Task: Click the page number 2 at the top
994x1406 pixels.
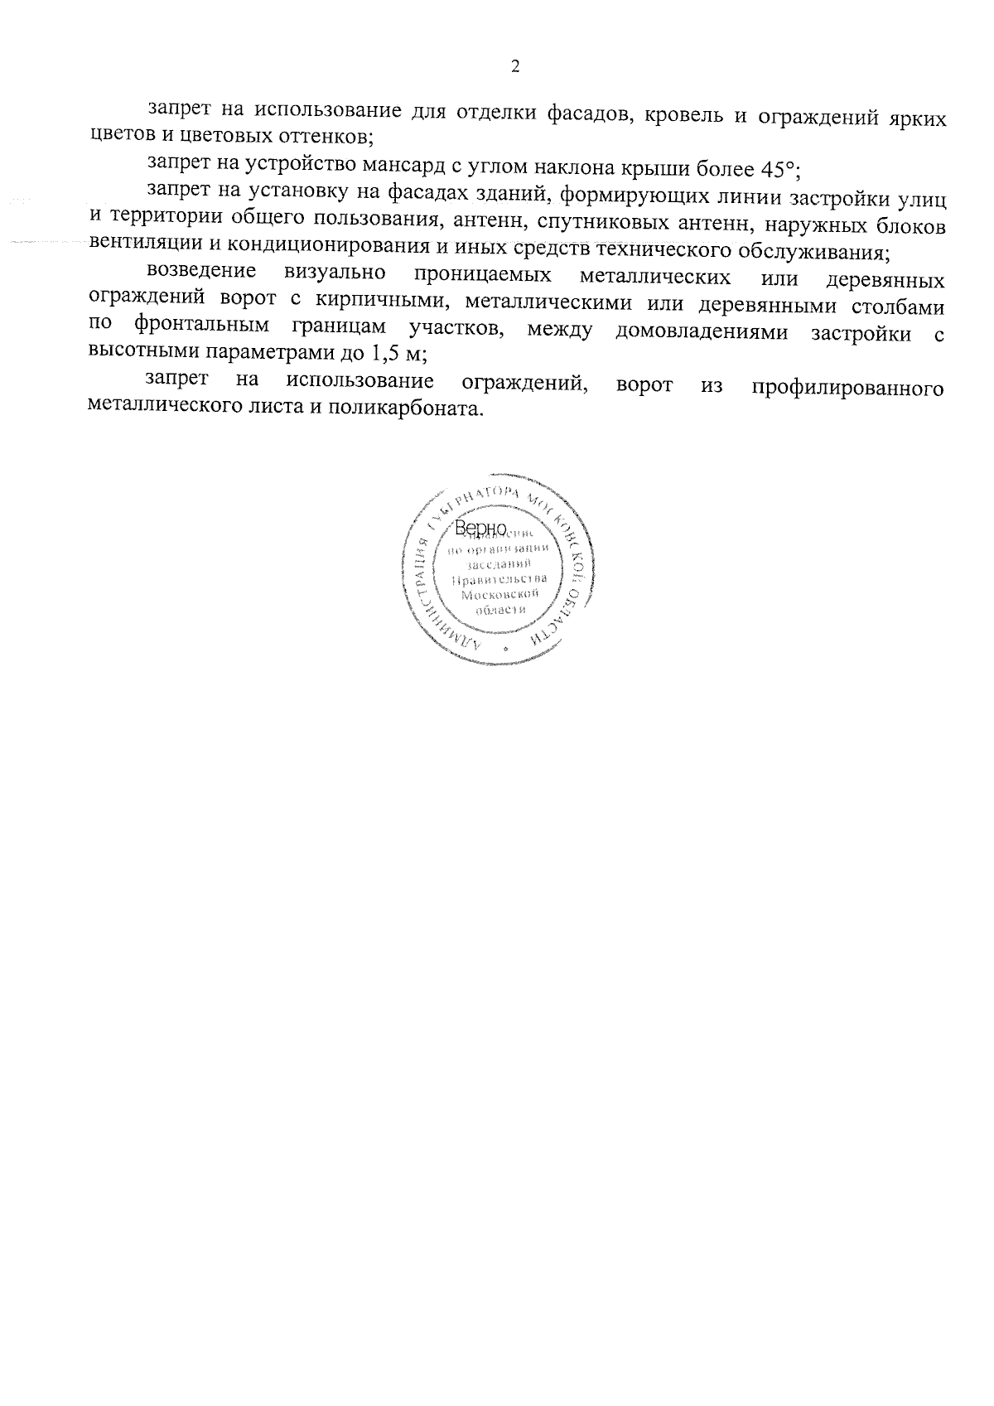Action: click(515, 67)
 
